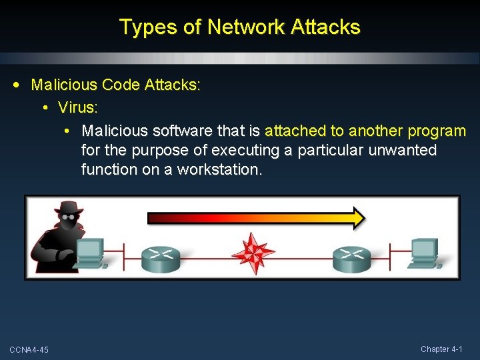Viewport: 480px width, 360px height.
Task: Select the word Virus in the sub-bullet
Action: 75,107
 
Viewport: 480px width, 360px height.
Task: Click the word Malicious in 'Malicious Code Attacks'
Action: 63,85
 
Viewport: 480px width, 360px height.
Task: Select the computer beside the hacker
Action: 89,253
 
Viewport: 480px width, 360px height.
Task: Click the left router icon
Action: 161,257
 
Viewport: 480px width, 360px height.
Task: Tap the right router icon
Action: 352,257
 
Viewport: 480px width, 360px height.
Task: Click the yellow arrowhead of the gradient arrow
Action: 358,217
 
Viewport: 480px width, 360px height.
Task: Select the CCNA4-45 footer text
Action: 29,350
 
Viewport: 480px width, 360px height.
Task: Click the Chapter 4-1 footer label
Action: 446,349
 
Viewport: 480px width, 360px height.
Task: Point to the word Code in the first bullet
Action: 117,85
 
